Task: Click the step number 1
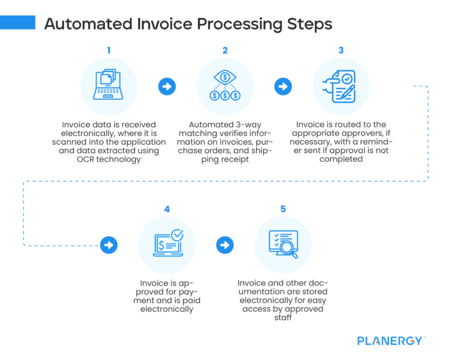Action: (x=108, y=50)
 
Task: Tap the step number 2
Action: (x=225, y=50)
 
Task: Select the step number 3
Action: (x=341, y=50)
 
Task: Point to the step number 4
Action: (x=167, y=209)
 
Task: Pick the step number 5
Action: (x=283, y=209)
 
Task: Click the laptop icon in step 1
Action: (x=108, y=86)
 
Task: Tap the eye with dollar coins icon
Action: (x=225, y=86)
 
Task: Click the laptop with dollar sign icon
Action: (x=167, y=244)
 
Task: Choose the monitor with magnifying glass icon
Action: (x=283, y=244)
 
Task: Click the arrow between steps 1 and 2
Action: (x=167, y=87)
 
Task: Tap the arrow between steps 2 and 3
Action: (x=283, y=87)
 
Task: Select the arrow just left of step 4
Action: (x=108, y=244)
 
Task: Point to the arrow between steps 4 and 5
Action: (x=225, y=244)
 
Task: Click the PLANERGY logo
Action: (x=391, y=340)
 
